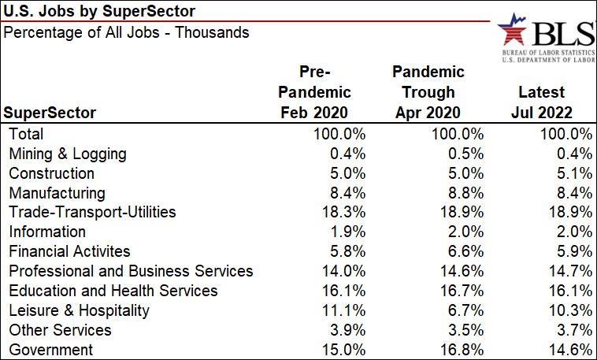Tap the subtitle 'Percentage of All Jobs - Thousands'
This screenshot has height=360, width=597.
[x=127, y=32]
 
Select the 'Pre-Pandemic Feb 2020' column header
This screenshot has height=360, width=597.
[x=315, y=92]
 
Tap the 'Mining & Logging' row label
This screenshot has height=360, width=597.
[x=66, y=154]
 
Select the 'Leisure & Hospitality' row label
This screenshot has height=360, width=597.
[x=78, y=310]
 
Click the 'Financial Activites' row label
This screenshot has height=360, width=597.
[x=69, y=252]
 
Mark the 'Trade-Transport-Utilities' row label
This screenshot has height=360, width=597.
[x=91, y=213]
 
